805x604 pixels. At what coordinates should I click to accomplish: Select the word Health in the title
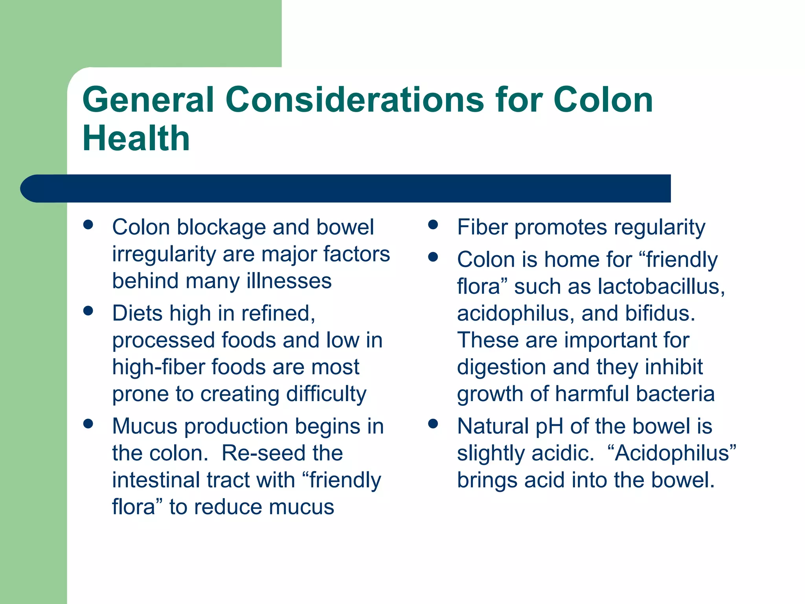coord(136,138)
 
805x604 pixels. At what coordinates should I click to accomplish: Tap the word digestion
coord(502,368)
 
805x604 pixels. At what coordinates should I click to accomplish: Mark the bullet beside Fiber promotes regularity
coord(433,225)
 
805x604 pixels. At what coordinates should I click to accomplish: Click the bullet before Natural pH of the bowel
coord(433,424)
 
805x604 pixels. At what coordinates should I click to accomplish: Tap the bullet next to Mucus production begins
coord(88,424)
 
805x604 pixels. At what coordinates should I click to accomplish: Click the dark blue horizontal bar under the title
coord(346,188)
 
